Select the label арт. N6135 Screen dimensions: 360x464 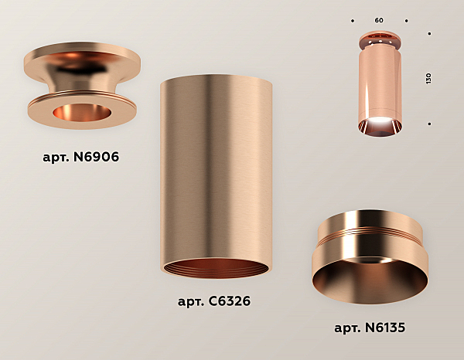tap(370, 328)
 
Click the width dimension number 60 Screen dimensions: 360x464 tap(379, 19)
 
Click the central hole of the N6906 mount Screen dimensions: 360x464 tap(82, 114)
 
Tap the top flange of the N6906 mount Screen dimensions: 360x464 tap(82, 56)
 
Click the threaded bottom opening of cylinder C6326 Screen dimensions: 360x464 tap(215, 269)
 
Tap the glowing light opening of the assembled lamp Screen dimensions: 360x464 tap(379, 125)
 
